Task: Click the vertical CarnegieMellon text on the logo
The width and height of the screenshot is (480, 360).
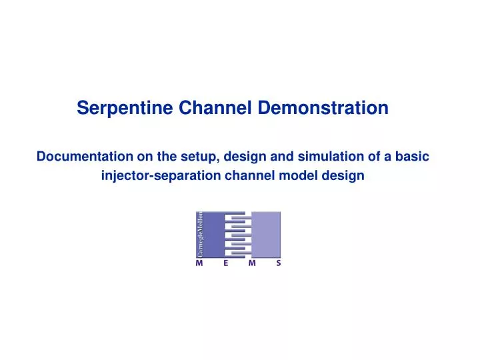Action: (x=199, y=234)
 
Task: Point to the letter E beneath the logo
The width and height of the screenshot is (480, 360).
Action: (x=225, y=263)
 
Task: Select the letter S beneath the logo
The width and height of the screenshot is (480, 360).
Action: (x=278, y=263)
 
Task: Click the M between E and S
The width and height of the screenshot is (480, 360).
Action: (x=251, y=263)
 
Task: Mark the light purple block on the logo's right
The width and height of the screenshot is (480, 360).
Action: (x=266, y=234)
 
